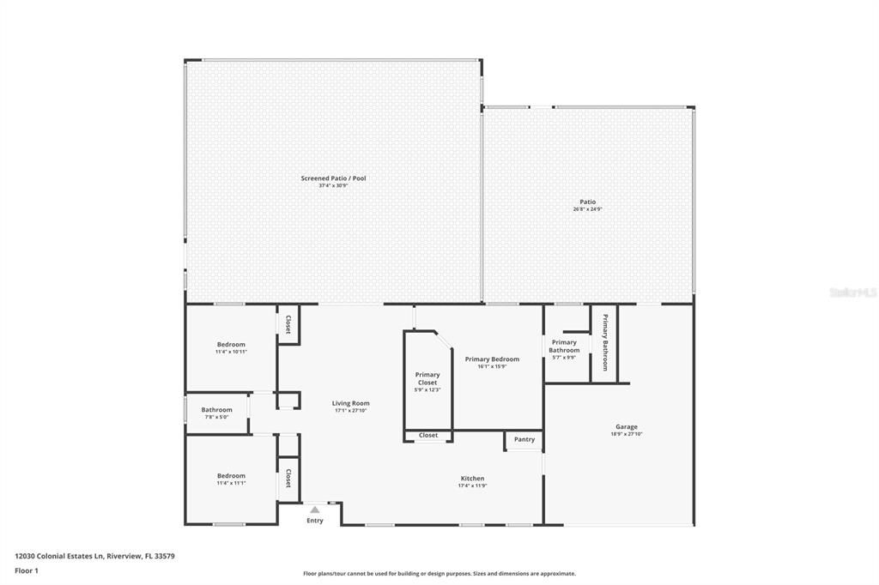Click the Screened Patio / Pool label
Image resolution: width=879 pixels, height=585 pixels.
[333, 178]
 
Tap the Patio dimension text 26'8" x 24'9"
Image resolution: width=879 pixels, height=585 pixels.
[587, 209]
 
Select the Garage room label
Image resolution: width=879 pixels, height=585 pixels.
[626, 426]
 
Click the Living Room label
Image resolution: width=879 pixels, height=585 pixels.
[351, 403]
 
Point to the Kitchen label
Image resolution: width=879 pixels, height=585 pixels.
[472, 479]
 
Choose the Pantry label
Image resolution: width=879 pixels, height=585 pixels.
[524, 440]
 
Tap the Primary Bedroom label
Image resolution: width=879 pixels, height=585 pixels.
[492, 359]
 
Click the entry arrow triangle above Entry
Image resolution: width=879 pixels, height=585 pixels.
[315, 510]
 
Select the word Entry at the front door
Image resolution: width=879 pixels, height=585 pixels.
[315, 521]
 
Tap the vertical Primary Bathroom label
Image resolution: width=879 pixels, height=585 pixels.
[604, 342]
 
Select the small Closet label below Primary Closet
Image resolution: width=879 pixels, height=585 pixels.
[428, 436]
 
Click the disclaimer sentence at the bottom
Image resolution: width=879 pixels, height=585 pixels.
[439, 574]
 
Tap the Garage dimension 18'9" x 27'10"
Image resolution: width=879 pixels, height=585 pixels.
[626, 434]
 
